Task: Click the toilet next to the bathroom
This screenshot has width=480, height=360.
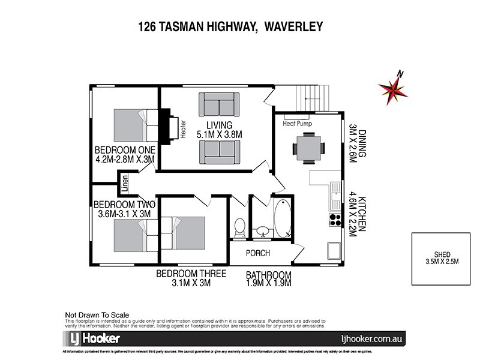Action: pyautogui.click(x=239, y=227)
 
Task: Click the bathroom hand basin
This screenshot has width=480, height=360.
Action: pyautogui.click(x=262, y=230)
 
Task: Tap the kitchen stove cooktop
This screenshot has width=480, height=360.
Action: pyautogui.click(x=335, y=220)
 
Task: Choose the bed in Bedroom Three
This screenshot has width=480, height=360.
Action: pyautogui.click(x=185, y=233)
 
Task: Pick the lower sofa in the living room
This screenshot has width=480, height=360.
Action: pyautogui.click(x=218, y=152)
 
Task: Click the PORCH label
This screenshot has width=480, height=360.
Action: pyautogui.click(x=258, y=253)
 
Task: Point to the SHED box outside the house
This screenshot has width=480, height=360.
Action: pyautogui.click(x=441, y=257)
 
